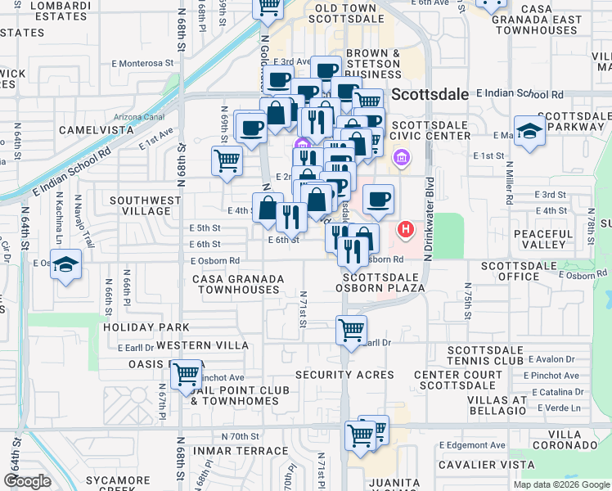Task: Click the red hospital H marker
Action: point(404,230)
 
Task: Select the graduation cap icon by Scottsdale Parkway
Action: point(530,131)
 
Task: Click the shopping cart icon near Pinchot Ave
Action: point(187,375)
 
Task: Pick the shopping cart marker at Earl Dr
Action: point(351,331)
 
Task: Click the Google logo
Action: point(27,481)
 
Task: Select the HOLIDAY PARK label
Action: point(146,327)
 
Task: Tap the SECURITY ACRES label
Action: point(344,375)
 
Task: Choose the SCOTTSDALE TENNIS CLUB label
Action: point(485,355)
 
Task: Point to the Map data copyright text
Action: point(561,484)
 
